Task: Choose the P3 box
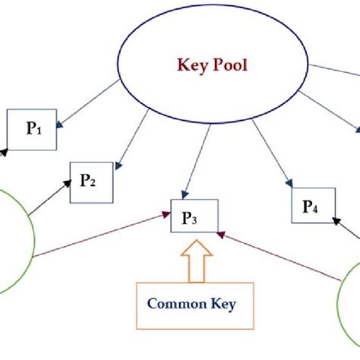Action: click(194, 217)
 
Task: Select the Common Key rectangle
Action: click(191, 305)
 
